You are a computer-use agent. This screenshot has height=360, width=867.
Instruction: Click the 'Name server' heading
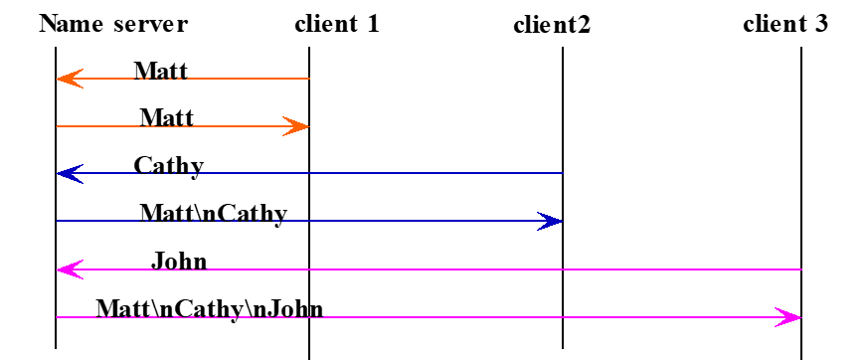coord(113,23)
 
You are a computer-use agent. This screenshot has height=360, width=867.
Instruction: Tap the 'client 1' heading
coord(337,23)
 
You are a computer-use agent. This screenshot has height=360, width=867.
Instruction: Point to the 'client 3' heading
coord(785,23)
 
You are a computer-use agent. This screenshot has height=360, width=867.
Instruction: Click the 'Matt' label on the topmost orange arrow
coord(161,71)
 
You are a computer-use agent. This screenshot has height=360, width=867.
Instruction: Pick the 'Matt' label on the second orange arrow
coord(166,118)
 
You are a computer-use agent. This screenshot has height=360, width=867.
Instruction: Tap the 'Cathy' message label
coord(169,165)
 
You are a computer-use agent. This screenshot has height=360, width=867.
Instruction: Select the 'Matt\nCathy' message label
coord(213,213)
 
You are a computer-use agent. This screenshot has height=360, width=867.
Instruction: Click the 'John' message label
coord(179,262)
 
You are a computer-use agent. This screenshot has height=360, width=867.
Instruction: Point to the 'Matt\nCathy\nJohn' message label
coord(210,308)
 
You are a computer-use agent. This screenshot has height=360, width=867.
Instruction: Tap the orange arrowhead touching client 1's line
coord(297,126)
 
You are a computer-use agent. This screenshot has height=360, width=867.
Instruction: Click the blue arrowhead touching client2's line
coord(550,221)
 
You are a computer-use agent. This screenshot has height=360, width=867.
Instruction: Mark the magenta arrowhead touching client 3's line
coord(788,317)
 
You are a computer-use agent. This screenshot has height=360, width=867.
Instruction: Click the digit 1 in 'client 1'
coord(373,23)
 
